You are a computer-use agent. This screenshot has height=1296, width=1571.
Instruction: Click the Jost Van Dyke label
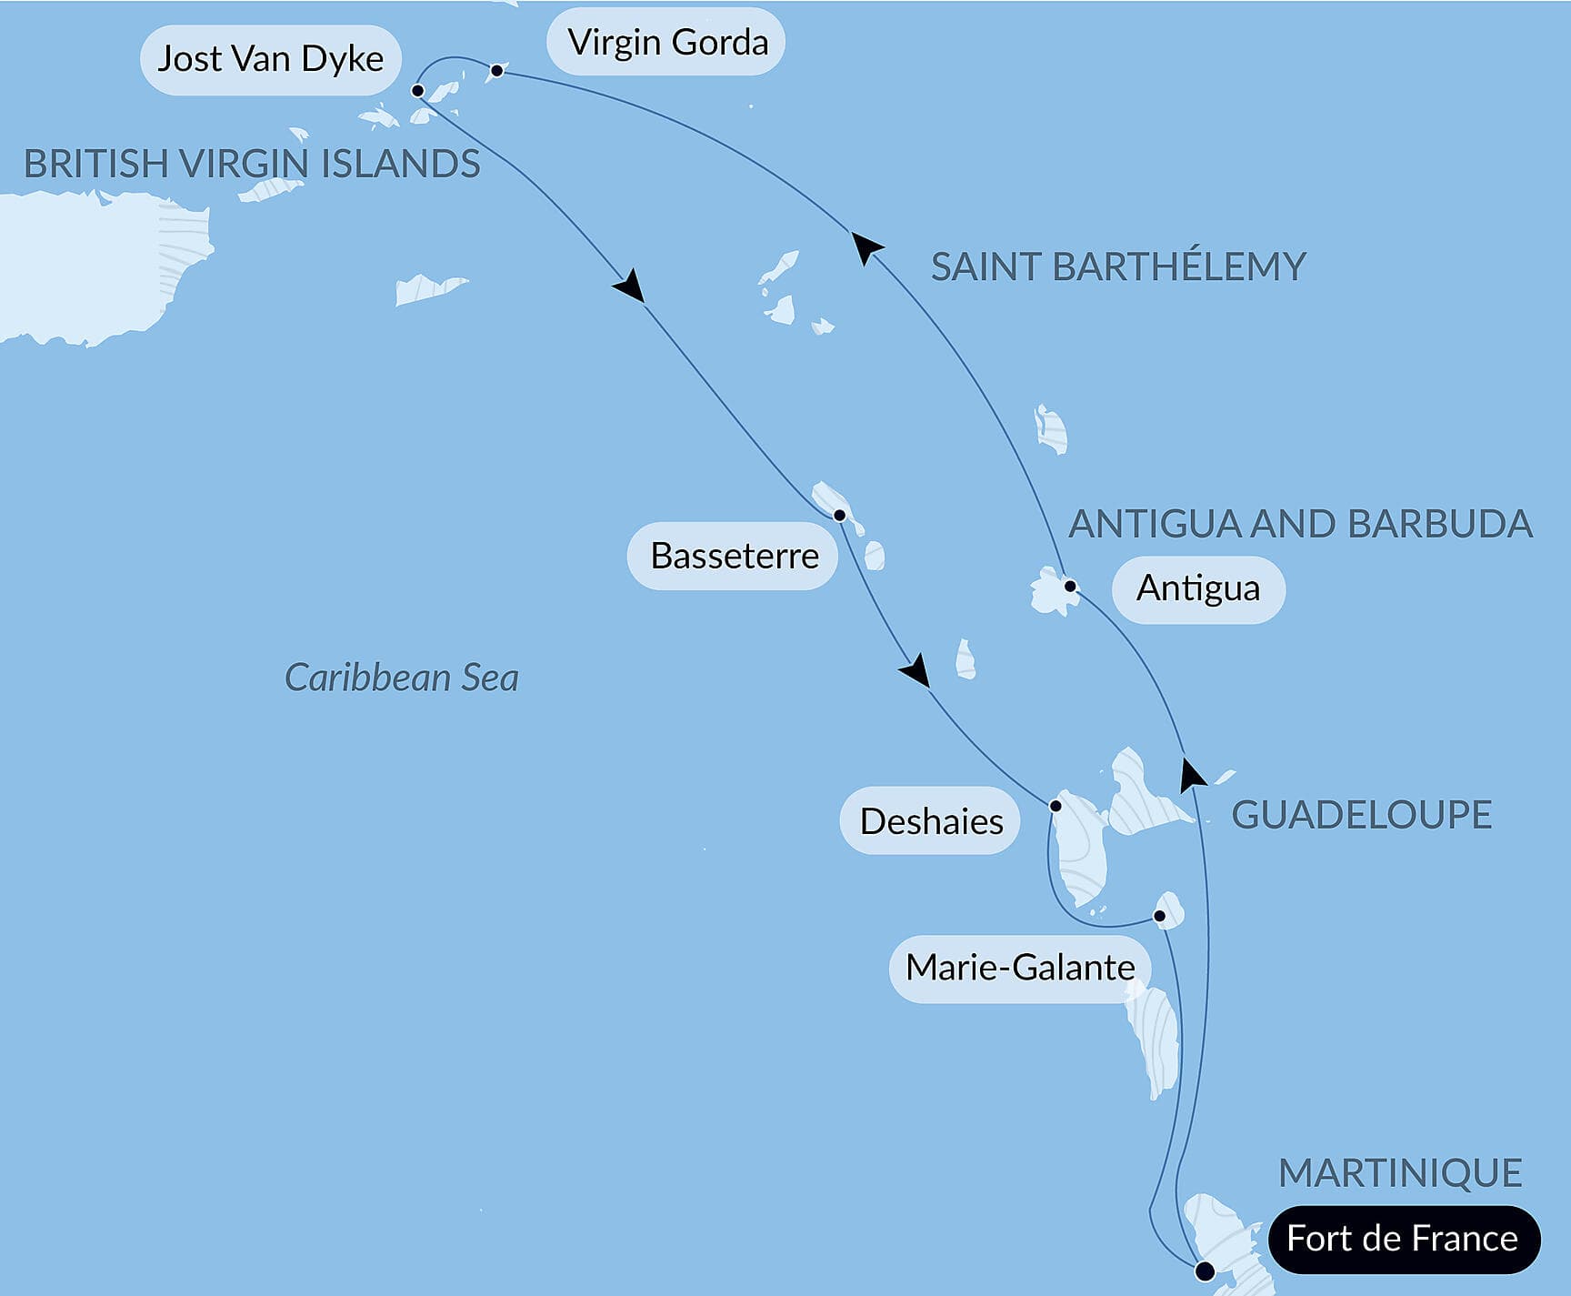coord(270,60)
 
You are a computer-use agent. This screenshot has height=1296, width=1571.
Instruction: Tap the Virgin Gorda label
coord(667,43)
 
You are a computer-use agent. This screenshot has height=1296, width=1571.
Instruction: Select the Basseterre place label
coord(734,556)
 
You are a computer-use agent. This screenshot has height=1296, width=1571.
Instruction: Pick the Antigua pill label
coord(1197,589)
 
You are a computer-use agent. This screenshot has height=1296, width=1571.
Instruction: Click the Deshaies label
coord(930,821)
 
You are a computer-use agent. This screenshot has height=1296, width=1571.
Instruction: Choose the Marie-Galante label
coord(1019,968)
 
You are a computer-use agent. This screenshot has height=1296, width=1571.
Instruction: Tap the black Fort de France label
coord(1402,1239)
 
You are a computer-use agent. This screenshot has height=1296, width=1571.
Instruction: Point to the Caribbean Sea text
coord(401,678)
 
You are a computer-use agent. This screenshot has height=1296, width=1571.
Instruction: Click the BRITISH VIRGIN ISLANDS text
coord(252,165)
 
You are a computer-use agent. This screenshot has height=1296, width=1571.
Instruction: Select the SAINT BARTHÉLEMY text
coord(1118,267)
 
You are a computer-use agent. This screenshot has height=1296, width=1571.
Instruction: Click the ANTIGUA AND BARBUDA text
coord(1300,525)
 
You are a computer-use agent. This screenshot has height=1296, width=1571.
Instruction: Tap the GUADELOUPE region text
coord(1361,815)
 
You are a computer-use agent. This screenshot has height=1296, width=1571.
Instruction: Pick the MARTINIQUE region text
coord(1400,1173)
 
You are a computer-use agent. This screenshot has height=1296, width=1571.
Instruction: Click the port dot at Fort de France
coord(1205,1271)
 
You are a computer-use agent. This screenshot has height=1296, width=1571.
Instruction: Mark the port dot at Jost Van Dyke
coord(417,91)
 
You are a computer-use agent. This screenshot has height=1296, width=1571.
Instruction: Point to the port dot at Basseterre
coord(839,516)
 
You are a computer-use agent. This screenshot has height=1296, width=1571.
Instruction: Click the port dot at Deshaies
coord(1056,806)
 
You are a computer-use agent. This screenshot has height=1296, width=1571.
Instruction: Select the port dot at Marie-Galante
coord(1159,916)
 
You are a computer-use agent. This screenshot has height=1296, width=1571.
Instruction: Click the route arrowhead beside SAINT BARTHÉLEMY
coord(866,246)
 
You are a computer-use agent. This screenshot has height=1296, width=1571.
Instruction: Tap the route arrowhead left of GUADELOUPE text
coord(1190,775)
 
